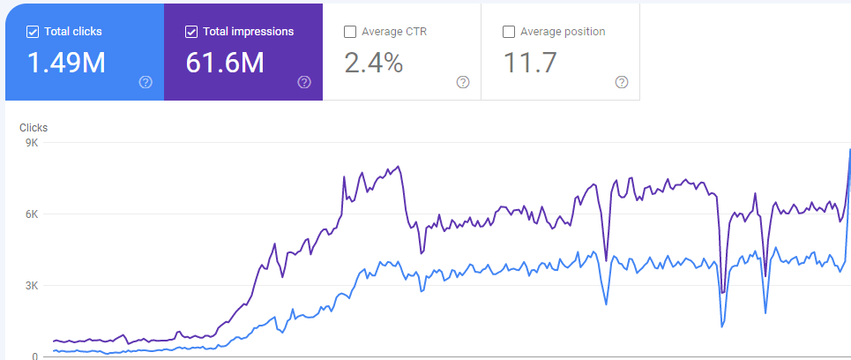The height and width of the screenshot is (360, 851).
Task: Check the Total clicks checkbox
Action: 33,32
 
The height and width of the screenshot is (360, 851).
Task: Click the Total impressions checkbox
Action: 191,32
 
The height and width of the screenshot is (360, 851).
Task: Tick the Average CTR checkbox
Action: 350,32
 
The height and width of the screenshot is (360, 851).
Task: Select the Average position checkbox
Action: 509,32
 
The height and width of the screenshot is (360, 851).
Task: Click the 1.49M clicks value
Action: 66,63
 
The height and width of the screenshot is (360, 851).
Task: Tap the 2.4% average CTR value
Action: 374,63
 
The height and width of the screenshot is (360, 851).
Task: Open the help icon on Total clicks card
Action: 146,82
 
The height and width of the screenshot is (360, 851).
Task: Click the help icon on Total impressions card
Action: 304,82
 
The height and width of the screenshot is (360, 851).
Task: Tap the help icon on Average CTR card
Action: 463,82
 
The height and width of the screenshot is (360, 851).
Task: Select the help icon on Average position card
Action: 622,82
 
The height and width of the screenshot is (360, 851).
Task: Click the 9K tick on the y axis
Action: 31,142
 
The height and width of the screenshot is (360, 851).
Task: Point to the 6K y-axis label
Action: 31,214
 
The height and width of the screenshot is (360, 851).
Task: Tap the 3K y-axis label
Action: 31,286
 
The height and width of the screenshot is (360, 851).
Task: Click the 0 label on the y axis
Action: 34,356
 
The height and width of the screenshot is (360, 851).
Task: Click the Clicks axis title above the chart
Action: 34,127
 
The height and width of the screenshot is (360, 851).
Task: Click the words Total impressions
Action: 249,32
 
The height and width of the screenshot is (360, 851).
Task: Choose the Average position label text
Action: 563,32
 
